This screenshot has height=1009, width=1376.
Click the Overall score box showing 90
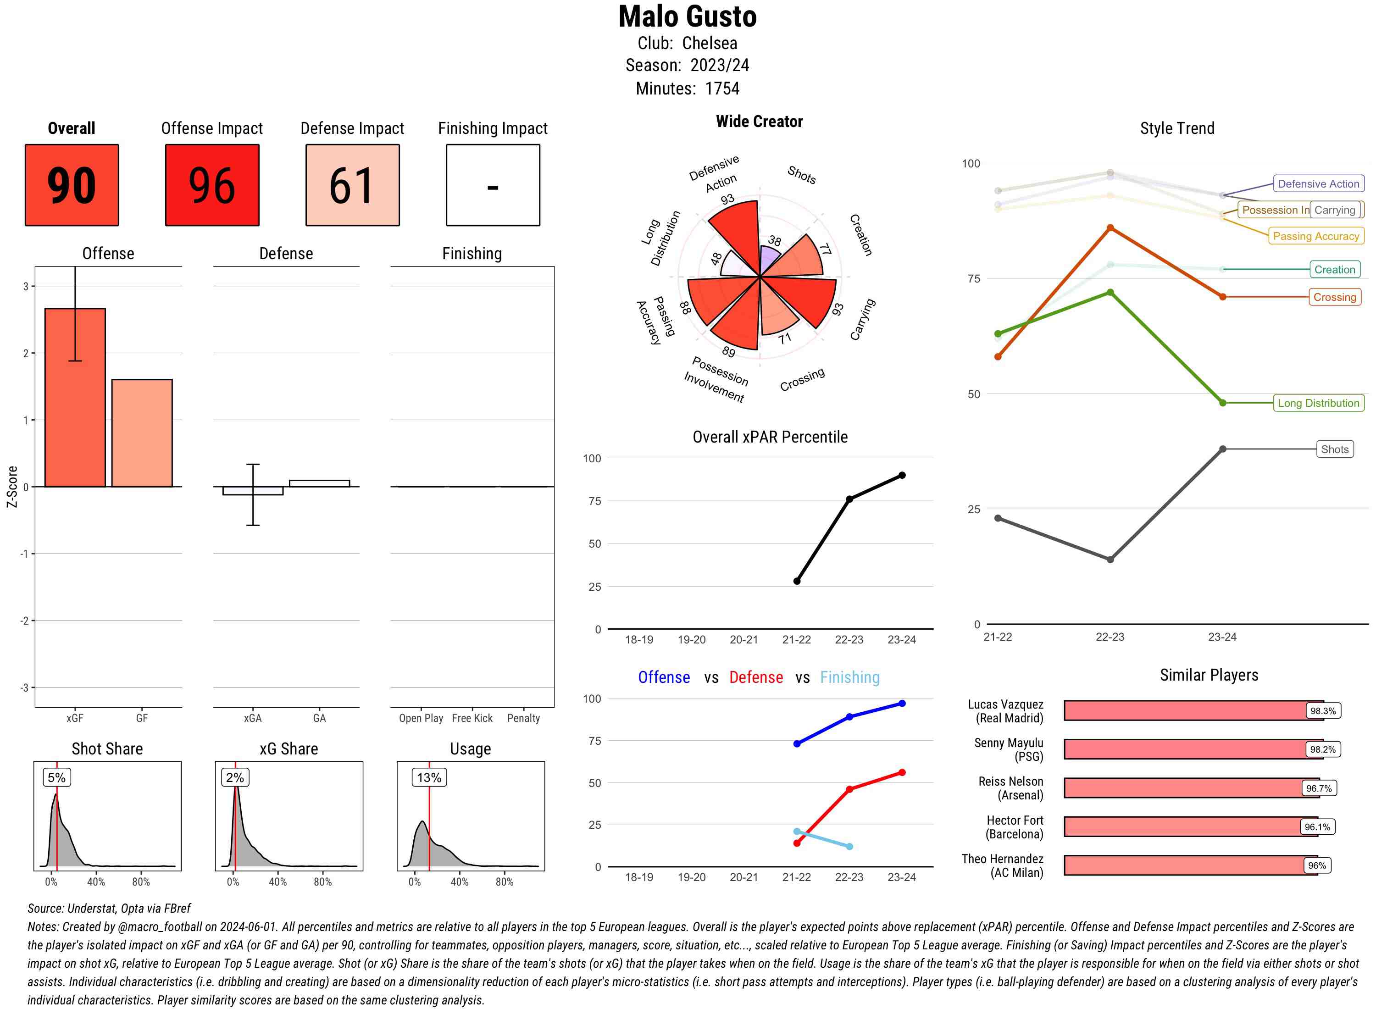point(72,185)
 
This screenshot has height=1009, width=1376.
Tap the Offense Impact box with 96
point(212,185)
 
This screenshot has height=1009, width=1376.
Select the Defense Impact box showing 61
point(352,185)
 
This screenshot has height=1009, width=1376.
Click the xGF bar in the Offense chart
point(75,398)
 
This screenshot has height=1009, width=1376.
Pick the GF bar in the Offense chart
point(142,433)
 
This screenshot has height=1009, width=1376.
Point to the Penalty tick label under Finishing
point(523,718)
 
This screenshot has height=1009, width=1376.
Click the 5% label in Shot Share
point(56,777)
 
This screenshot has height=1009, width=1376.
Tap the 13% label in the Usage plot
point(429,777)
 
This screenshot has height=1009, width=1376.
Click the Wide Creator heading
point(759,122)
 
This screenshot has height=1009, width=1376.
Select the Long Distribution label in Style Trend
point(1318,403)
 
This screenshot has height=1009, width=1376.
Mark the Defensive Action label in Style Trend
point(1318,184)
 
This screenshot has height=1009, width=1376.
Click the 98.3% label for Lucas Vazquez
point(1323,711)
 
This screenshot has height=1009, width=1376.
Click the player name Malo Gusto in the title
point(688,17)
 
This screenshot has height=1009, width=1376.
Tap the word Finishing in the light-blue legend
point(849,677)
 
